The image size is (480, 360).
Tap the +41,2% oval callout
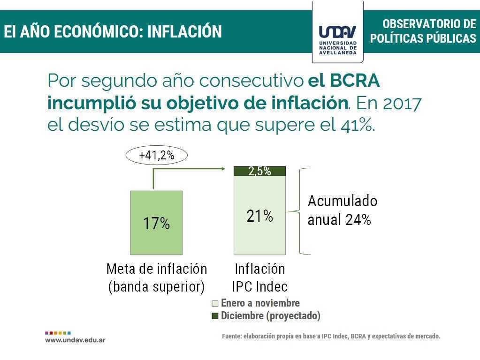(156, 155)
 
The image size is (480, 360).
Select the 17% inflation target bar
(156, 223)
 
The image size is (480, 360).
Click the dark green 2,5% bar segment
(259, 171)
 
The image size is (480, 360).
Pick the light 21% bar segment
(259, 215)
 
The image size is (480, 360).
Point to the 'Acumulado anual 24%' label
(342, 210)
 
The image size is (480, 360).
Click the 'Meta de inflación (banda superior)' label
(156, 278)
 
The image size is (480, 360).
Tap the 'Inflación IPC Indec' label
(259, 278)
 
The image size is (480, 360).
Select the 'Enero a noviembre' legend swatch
(215, 303)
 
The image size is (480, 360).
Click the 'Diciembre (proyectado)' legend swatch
(215, 315)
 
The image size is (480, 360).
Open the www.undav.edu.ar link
(75, 340)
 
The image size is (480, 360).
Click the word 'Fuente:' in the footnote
(232, 336)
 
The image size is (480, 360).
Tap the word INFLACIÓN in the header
(184, 31)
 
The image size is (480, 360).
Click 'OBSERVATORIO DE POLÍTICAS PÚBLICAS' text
(423, 31)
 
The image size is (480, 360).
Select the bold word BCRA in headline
(355, 81)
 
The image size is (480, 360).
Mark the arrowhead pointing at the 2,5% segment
(223, 169)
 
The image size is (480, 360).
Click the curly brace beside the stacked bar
(300, 211)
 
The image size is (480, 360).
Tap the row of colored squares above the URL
(58, 333)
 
